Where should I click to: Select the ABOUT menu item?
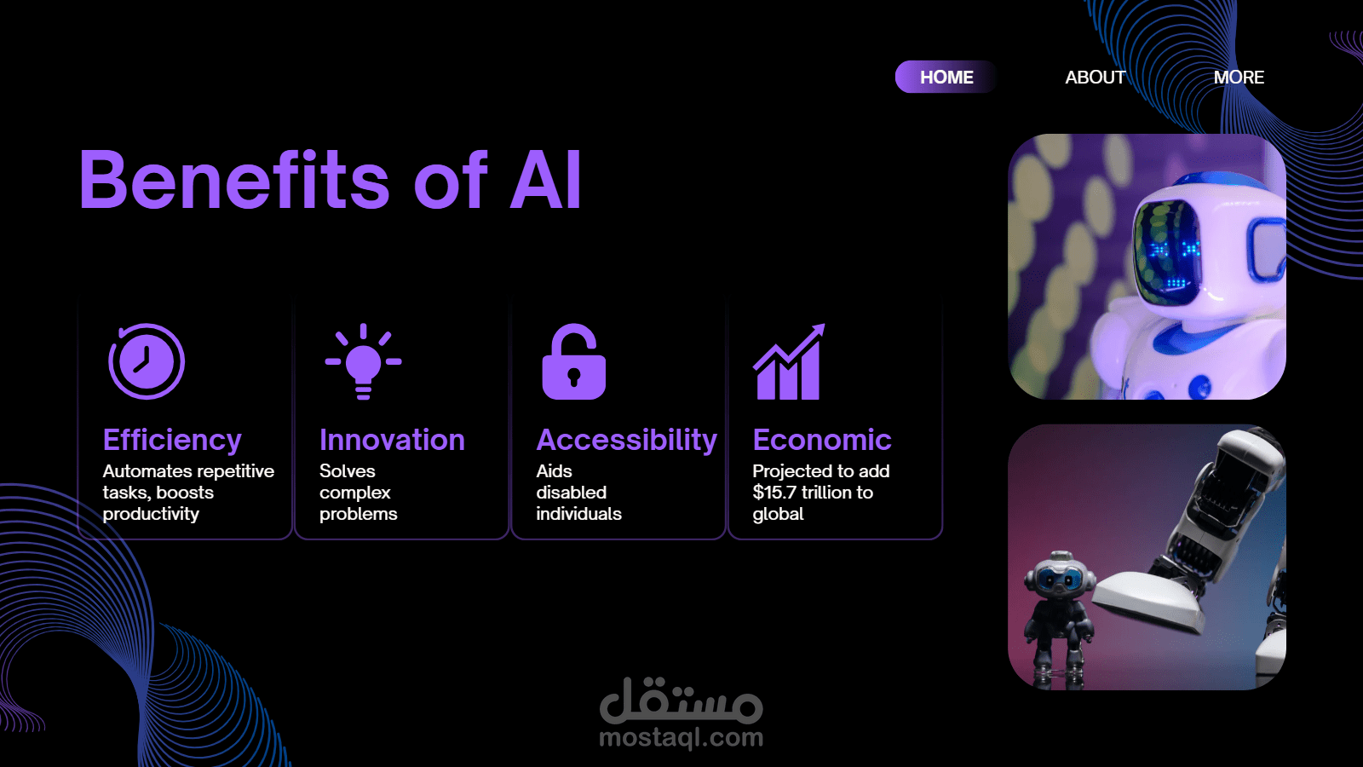(x=1095, y=78)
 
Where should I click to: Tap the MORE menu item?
(x=1239, y=78)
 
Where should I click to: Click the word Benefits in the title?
(x=233, y=180)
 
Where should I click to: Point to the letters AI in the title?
(x=545, y=180)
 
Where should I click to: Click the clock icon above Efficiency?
(x=147, y=361)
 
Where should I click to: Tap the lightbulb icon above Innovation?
(x=363, y=361)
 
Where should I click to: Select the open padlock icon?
(x=574, y=361)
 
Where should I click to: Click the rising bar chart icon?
(x=789, y=361)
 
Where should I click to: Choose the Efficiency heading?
(x=172, y=440)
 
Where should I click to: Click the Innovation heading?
(x=392, y=440)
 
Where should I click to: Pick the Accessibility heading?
(x=627, y=440)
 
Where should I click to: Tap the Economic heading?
(x=822, y=440)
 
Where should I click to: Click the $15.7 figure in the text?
(x=774, y=492)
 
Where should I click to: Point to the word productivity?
(x=151, y=514)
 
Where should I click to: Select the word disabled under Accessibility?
(x=572, y=492)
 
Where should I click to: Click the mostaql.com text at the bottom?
(x=681, y=738)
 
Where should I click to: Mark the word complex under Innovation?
(x=354, y=493)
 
